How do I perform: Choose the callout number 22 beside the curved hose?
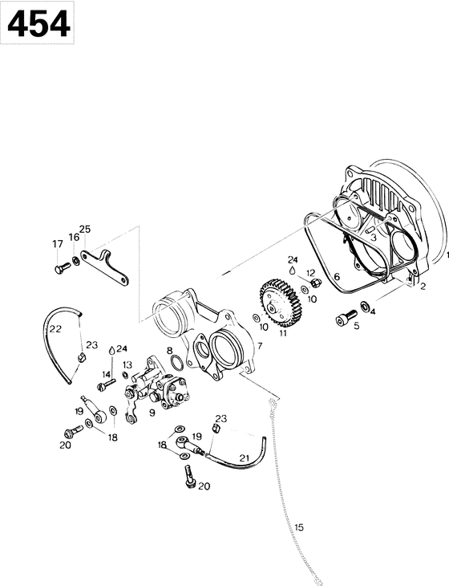pos(55,329)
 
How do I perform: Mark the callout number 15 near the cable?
pos(299,527)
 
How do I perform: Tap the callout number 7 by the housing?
pos(260,346)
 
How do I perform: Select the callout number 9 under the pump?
pos(152,414)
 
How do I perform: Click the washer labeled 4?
pos(366,305)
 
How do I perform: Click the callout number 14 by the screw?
pos(106,374)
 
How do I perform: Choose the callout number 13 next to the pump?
pos(127,364)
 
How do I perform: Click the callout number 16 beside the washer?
pos(73,238)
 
